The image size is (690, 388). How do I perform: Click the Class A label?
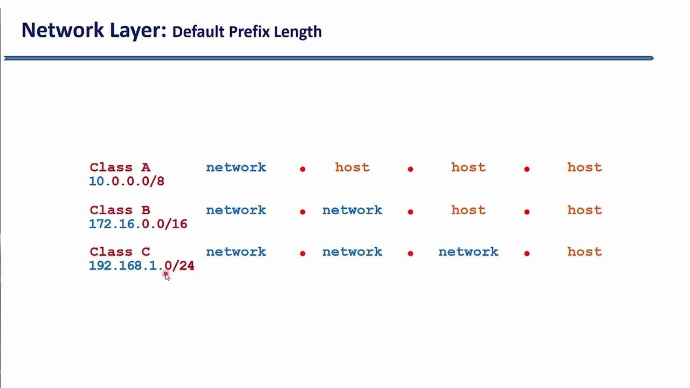point(120,168)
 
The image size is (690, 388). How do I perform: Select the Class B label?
point(120,210)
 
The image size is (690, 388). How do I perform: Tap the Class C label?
point(120,252)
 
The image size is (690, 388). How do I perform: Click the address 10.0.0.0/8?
point(127,182)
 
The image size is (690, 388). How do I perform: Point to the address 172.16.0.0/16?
point(138,224)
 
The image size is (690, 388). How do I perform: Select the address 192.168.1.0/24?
point(141,266)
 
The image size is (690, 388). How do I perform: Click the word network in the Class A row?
point(236,168)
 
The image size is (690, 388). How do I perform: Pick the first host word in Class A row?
point(352,168)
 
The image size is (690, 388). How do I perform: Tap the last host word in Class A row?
point(584,168)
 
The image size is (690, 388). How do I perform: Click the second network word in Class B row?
point(352,210)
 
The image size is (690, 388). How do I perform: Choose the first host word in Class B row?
point(468,210)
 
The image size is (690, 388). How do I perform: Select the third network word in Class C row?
point(468,252)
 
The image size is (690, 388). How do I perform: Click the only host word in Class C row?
point(584,252)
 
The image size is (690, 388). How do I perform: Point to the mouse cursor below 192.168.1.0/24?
point(167,276)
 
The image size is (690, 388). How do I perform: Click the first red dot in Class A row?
point(302,169)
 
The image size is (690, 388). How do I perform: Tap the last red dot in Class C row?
point(527,253)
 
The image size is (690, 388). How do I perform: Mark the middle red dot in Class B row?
point(410,212)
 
